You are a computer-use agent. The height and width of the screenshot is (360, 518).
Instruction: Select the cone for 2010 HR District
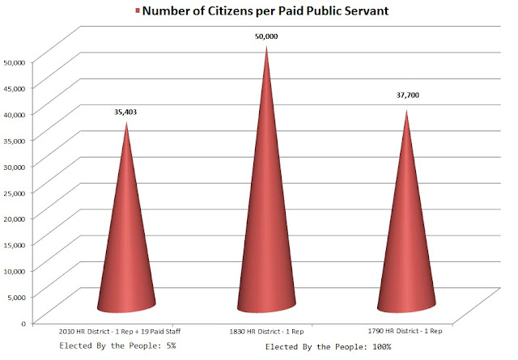point(127,243)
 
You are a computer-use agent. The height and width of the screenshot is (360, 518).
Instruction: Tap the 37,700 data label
point(407,95)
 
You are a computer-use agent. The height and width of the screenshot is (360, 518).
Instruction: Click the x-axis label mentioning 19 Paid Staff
point(122,331)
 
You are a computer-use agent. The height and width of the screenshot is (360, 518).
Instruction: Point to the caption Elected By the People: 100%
point(329,346)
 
